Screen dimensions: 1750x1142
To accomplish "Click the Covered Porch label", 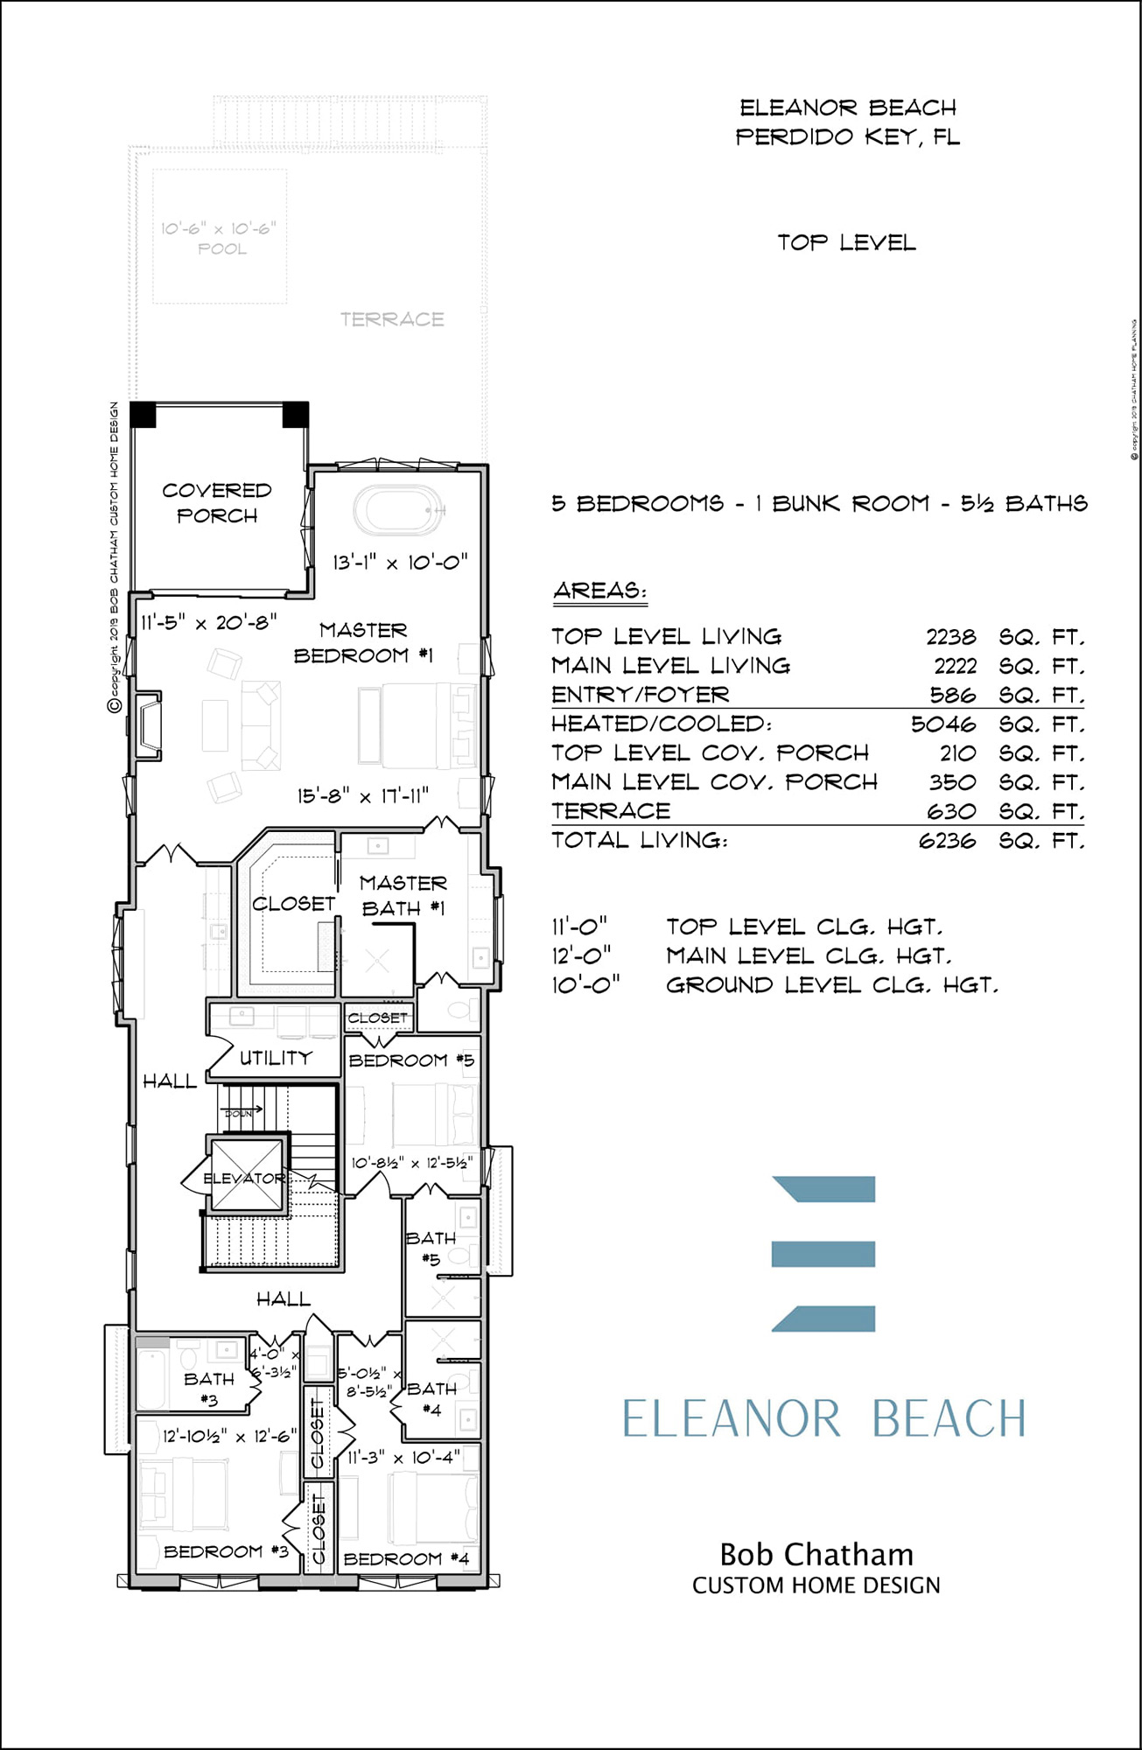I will (x=217, y=502).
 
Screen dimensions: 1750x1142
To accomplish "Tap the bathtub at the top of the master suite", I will (x=399, y=510).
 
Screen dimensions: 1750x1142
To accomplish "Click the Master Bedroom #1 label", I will (x=363, y=642).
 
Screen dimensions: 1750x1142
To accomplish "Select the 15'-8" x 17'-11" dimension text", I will (x=362, y=795).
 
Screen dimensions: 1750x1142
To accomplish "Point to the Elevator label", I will (x=244, y=1179).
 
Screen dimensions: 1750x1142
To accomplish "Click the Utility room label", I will (x=276, y=1058).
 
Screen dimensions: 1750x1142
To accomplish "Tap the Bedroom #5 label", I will (x=411, y=1060).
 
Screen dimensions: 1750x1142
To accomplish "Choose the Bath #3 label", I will (x=209, y=1389).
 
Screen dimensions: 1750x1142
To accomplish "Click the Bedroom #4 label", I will (x=406, y=1559).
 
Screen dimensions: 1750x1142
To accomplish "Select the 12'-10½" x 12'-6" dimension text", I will (x=230, y=1437).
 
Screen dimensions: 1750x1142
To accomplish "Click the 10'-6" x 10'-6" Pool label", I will (x=219, y=238).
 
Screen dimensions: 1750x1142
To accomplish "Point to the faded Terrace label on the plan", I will (x=392, y=319).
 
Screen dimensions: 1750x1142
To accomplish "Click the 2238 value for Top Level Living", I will (x=950, y=637).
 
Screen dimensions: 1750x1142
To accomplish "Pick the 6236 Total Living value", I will (x=947, y=841).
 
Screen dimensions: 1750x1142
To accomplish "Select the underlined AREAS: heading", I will (x=599, y=591).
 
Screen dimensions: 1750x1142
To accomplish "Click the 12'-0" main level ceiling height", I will (x=581, y=955).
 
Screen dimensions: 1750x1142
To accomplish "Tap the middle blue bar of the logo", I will (x=823, y=1254).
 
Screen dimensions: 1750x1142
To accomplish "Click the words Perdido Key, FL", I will (x=847, y=137).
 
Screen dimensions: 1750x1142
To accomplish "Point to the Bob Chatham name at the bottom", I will (x=816, y=1555).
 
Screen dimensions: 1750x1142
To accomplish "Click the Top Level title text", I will (x=846, y=242).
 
